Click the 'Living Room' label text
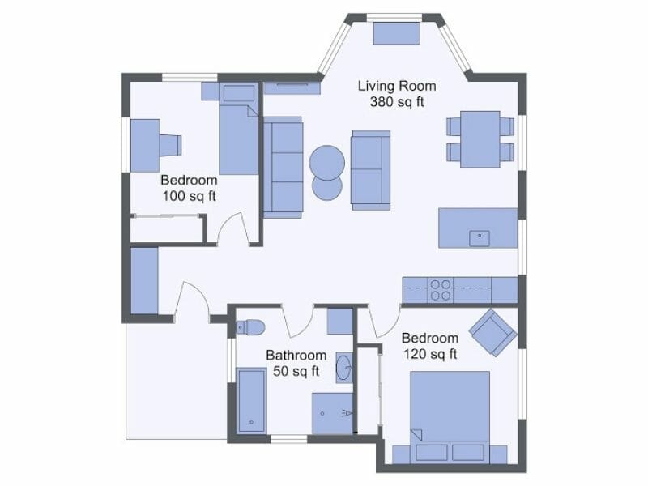[x=397, y=86]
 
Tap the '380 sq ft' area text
[x=397, y=102]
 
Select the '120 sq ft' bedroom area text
[x=430, y=354]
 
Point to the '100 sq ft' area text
[x=189, y=196]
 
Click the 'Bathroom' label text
[x=296, y=356]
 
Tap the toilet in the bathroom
[x=250, y=327]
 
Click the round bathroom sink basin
[x=345, y=367]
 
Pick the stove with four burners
[x=441, y=289]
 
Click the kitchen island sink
[x=479, y=237]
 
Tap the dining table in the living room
[x=480, y=139]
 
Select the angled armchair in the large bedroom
[x=493, y=332]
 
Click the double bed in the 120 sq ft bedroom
[x=450, y=409]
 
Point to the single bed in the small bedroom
[x=238, y=134]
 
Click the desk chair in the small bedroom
[x=170, y=145]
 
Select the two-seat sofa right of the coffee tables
[x=370, y=168]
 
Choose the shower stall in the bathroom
[x=333, y=414]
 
